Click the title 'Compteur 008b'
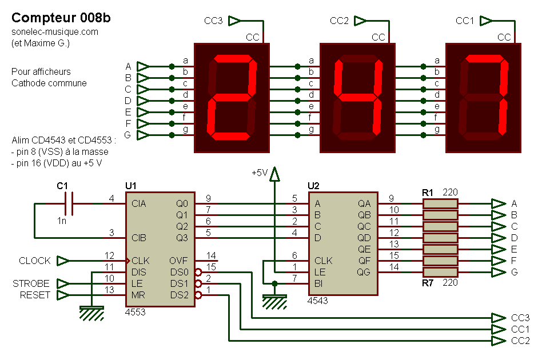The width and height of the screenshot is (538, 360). pyautogui.click(x=61, y=18)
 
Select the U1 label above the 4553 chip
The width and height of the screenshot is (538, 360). pyautogui.click(x=131, y=186)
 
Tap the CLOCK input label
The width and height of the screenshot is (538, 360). pyautogui.click(x=34, y=261)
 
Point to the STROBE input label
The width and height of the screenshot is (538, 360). pyautogui.click(x=31, y=284)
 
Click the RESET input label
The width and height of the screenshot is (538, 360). pyautogui.click(x=35, y=295)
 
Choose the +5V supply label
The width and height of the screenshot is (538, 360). pyautogui.click(x=260, y=172)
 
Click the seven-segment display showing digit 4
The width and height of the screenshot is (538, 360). pyautogui.click(x=357, y=98)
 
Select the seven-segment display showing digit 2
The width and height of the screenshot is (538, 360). pyautogui.click(x=232, y=98)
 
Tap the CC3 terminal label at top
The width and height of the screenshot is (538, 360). pyautogui.click(x=213, y=21)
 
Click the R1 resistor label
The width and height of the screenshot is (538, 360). pyautogui.click(x=428, y=193)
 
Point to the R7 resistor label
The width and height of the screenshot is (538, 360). pyautogui.click(x=428, y=282)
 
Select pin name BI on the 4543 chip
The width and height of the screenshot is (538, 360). pyautogui.click(x=320, y=283)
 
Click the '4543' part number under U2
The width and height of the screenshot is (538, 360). pyautogui.click(x=318, y=300)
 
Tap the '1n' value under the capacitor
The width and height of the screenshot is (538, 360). pyautogui.click(x=62, y=220)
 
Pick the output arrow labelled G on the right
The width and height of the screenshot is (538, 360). pyautogui.click(x=498, y=272)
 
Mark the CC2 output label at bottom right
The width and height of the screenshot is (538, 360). pyautogui.click(x=520, y=341)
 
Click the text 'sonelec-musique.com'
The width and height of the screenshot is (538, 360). pyautogui.click(x=54, y=32)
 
